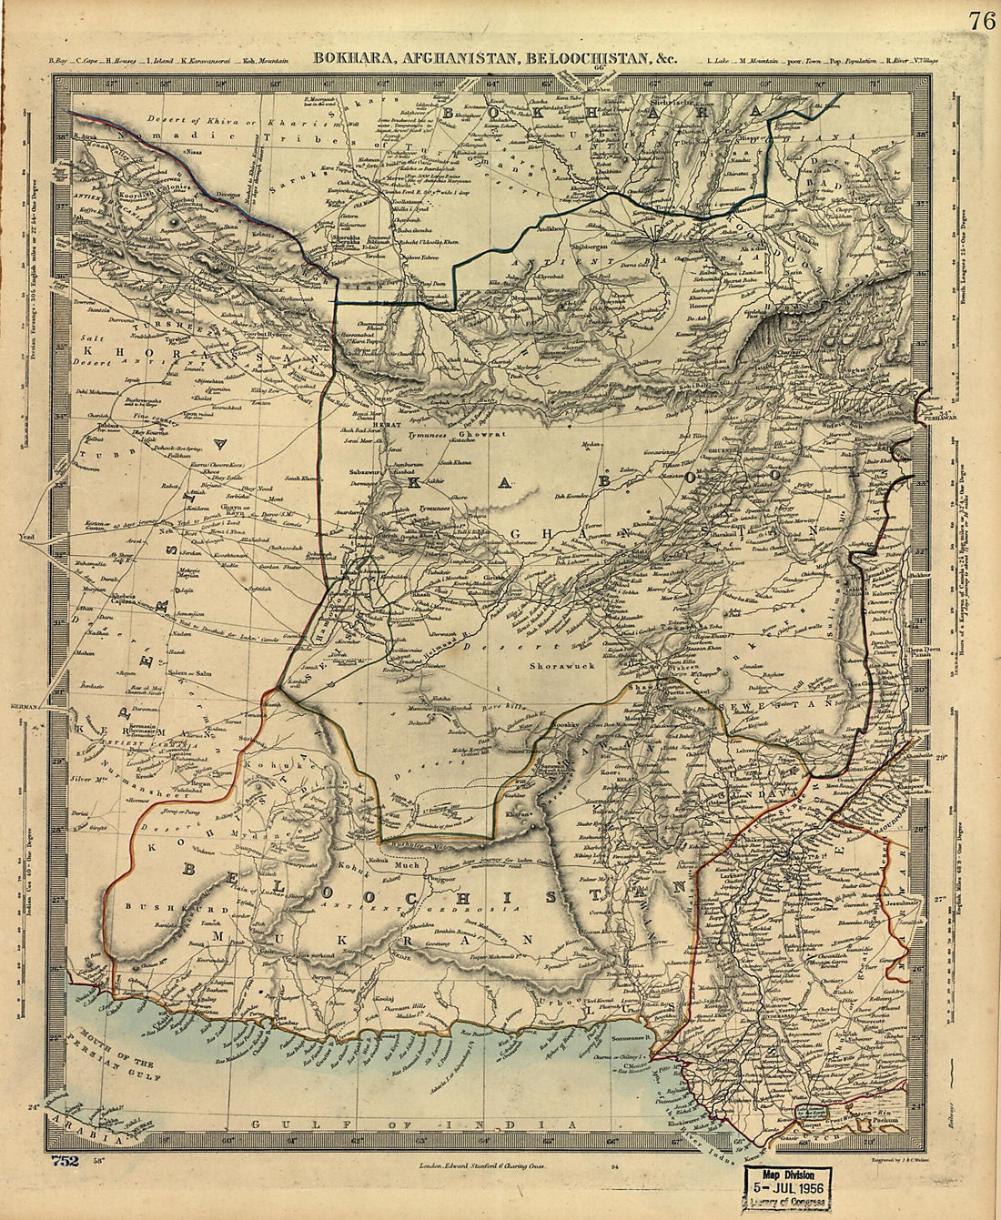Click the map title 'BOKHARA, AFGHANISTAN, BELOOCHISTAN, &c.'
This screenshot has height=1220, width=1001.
tap(496, 57)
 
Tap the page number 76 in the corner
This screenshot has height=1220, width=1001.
tap(981, 21)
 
